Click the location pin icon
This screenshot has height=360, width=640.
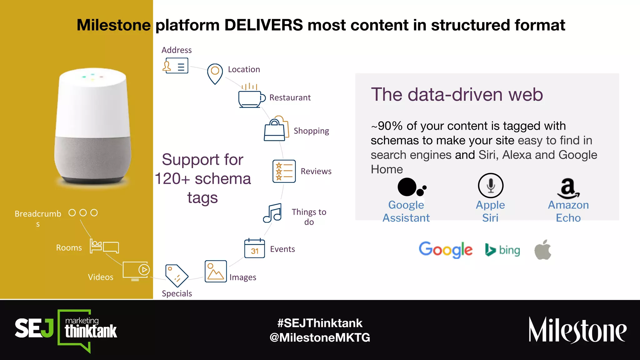tap(215, 73)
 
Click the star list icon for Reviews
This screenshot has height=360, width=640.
tap(284, 171)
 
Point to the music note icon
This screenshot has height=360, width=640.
tap(272, 213)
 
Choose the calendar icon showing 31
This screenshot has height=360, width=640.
tap(254, 248)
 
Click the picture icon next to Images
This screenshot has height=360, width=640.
tap(216, 271)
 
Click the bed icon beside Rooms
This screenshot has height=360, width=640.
tap(104, 246)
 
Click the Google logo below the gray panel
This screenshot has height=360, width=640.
tap(445, 249)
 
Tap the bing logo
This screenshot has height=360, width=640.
tap(502, 250)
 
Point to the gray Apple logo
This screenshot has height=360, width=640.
tap(543, 250)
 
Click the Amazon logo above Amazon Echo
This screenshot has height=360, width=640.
tap(568, 188)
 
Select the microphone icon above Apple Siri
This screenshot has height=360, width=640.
tap(491, 185)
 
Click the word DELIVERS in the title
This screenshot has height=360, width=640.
tap(263, 25)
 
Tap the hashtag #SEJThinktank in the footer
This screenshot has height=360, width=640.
tap(320, 323)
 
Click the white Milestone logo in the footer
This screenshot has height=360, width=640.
tap(577, 330)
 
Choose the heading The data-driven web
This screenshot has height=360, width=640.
tap(457, 94)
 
